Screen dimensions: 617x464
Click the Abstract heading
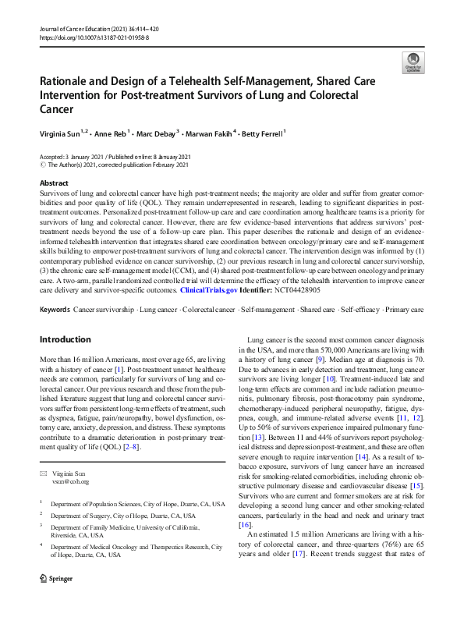pyautogui.click(x=55, y=183)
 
